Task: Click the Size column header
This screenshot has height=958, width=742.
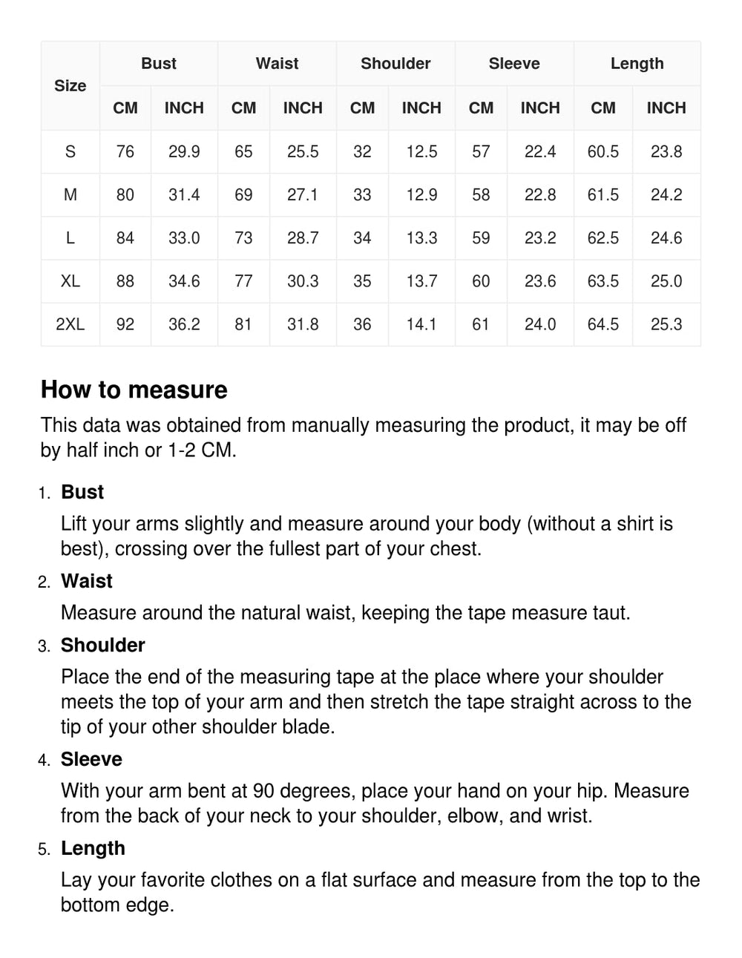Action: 70,86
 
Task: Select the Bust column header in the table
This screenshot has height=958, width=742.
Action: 158,64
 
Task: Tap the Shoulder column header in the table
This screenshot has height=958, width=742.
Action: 395,64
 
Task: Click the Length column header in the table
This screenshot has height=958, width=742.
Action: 637,64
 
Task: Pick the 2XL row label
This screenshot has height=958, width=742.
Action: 70,324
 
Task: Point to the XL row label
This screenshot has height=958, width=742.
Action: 70,281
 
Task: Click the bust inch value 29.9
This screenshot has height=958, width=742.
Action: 184,152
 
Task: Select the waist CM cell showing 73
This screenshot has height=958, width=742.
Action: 243,238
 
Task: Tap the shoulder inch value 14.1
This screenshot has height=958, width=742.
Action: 421,324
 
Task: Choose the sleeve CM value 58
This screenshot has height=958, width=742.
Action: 481,195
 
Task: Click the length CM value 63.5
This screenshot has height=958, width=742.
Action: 603,281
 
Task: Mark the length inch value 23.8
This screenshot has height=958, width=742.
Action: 666,152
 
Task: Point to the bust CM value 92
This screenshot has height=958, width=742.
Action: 125,324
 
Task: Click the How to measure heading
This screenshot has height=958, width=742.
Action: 134,390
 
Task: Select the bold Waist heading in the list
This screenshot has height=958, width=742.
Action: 87,581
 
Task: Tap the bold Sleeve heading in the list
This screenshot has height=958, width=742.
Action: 91,759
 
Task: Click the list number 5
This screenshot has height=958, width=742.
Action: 45,850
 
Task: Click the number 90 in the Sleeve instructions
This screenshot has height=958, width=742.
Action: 264,791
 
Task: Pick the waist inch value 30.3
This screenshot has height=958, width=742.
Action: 303,281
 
